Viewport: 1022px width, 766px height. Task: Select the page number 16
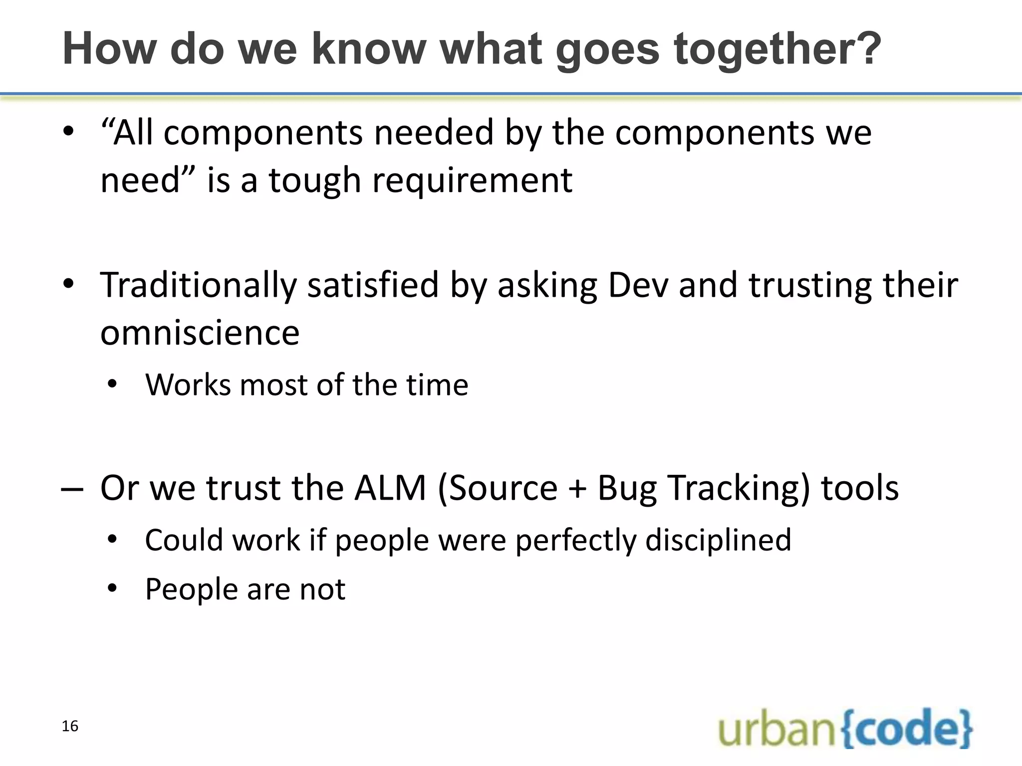pos(70,726)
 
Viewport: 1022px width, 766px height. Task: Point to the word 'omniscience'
pos(200,333)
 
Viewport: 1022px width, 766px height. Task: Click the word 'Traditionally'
pos(198,286)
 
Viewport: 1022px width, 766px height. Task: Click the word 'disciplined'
pos(718,541)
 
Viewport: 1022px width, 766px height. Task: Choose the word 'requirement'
pos(472,181)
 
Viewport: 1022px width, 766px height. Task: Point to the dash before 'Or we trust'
pos(72,490)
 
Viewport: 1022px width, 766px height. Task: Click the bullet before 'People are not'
pos(112,588)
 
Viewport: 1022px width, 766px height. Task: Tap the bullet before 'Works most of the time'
pos(112,384)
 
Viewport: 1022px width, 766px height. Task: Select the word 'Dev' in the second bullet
pos(638,286)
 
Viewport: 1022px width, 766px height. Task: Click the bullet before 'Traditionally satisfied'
pos(68,285)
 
